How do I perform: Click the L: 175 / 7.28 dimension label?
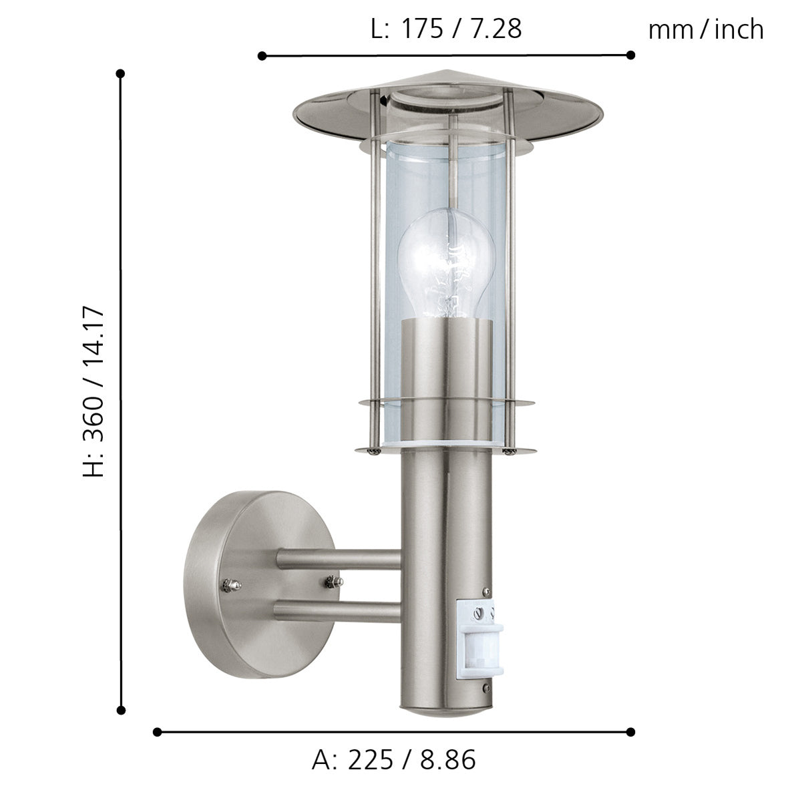click(445, 29)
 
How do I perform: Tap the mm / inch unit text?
click(705, 29)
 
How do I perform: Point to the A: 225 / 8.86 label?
click(393, 759)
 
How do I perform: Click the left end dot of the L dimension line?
click(262, 56)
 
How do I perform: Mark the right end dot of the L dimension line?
click(630, 55)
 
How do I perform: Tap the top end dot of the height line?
click(120, 73)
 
